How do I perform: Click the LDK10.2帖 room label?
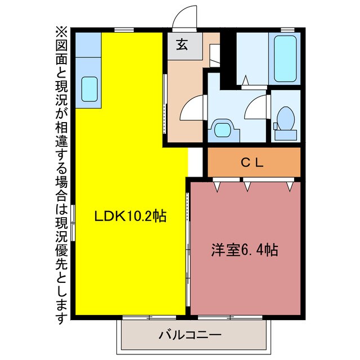(130, 216)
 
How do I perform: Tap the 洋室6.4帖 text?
(245, 249)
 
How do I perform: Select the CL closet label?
(253, 163)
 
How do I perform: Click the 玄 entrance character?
(183, 46)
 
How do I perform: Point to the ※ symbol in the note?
(61, 31)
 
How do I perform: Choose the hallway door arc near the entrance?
(189, 107)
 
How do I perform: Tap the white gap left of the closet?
(194, 162)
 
